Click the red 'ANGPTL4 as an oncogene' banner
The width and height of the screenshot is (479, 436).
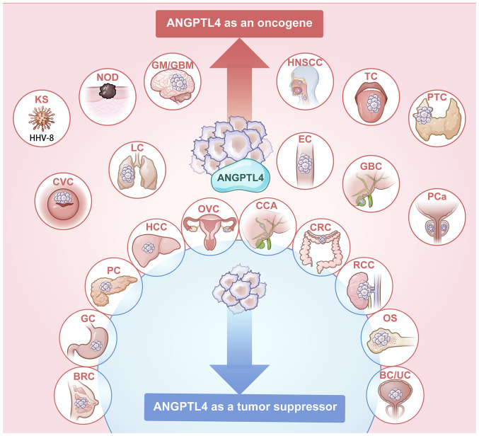click(x=239, y=23)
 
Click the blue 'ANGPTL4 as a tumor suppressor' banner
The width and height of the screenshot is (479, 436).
click(x=245, y=408)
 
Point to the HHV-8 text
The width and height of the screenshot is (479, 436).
click(x=42, y=138)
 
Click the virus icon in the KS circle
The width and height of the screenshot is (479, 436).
click(x=42, y=118)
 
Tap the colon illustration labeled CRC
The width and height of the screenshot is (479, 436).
click(x=320, y=251)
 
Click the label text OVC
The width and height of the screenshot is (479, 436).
click(x=209, y=209)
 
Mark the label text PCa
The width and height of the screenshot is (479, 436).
click(x=437, y=197)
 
